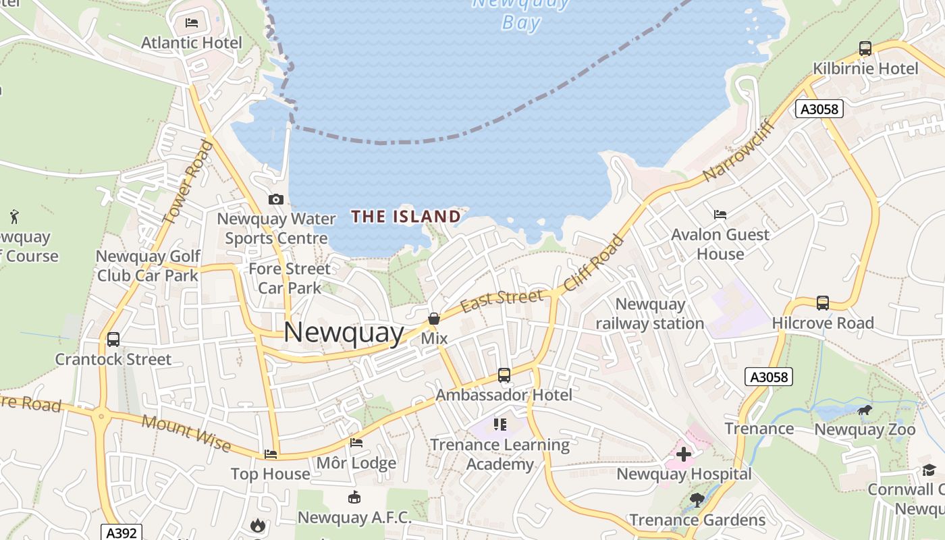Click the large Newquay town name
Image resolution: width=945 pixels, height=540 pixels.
click(x=344, y=333)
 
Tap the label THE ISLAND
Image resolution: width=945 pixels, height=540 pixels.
click(x=406, y=217)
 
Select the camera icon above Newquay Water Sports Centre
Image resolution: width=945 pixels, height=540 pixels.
click(x=275, y=199)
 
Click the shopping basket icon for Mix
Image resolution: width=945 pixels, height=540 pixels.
click(x=434, y=319)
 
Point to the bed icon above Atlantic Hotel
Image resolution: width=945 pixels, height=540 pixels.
click(x=192, y=23)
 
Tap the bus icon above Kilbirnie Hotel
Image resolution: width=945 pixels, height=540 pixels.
click(x=865, y=48)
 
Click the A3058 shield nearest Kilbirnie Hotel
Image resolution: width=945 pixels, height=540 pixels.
click(x=819, y=109)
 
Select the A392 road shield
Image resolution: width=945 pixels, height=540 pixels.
click(x=122, y=533)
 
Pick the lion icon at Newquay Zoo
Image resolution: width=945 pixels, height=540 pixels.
click(x=865, y=410)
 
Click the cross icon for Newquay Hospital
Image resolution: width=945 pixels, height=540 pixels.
click(x=684, y=454)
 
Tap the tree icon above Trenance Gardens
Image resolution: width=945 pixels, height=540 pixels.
click(x=697, y=500)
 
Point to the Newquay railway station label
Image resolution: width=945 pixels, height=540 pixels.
click(x=650, y=314)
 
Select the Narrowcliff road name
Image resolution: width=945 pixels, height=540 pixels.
click(x=736, y=151)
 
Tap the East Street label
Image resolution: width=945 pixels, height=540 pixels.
click(x=502, y=301)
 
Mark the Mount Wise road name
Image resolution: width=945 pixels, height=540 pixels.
click(x=186, y=433)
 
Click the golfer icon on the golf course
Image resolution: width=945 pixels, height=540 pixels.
click(x=14, y=217)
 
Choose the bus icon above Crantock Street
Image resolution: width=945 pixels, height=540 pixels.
click(x=113, y=339)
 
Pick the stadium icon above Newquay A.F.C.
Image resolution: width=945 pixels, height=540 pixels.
click(x=354, y=497)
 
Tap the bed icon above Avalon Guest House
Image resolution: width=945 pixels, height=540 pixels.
click(x=720, y=215)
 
